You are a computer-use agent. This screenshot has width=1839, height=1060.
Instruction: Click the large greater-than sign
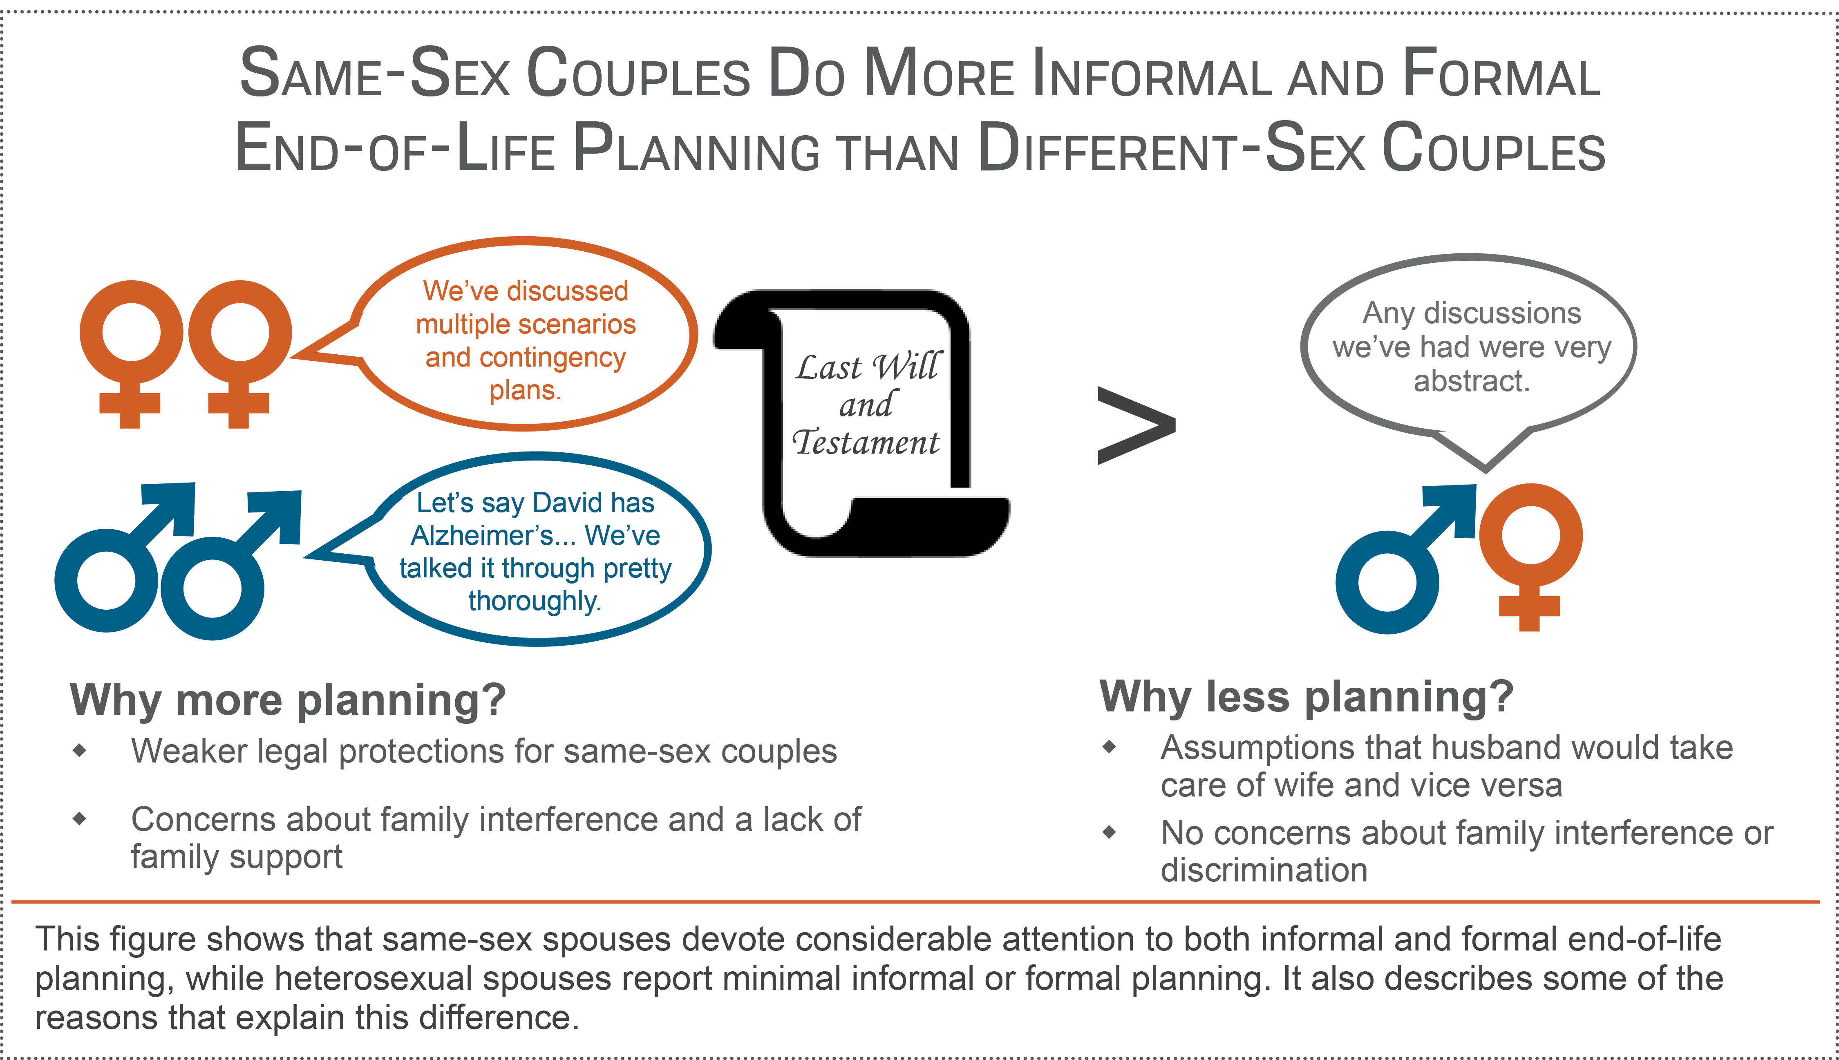pos(1136,425)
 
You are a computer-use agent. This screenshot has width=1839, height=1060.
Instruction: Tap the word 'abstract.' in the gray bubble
pos(1471,381)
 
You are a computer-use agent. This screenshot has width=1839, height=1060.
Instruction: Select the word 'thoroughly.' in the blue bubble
pos(535,602)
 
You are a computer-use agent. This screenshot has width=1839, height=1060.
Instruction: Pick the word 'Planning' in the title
pos(697,149)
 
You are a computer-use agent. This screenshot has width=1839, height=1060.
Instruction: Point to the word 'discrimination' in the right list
pos(1264,870)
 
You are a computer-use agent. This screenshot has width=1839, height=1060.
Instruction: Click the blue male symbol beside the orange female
pos(1405,559)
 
